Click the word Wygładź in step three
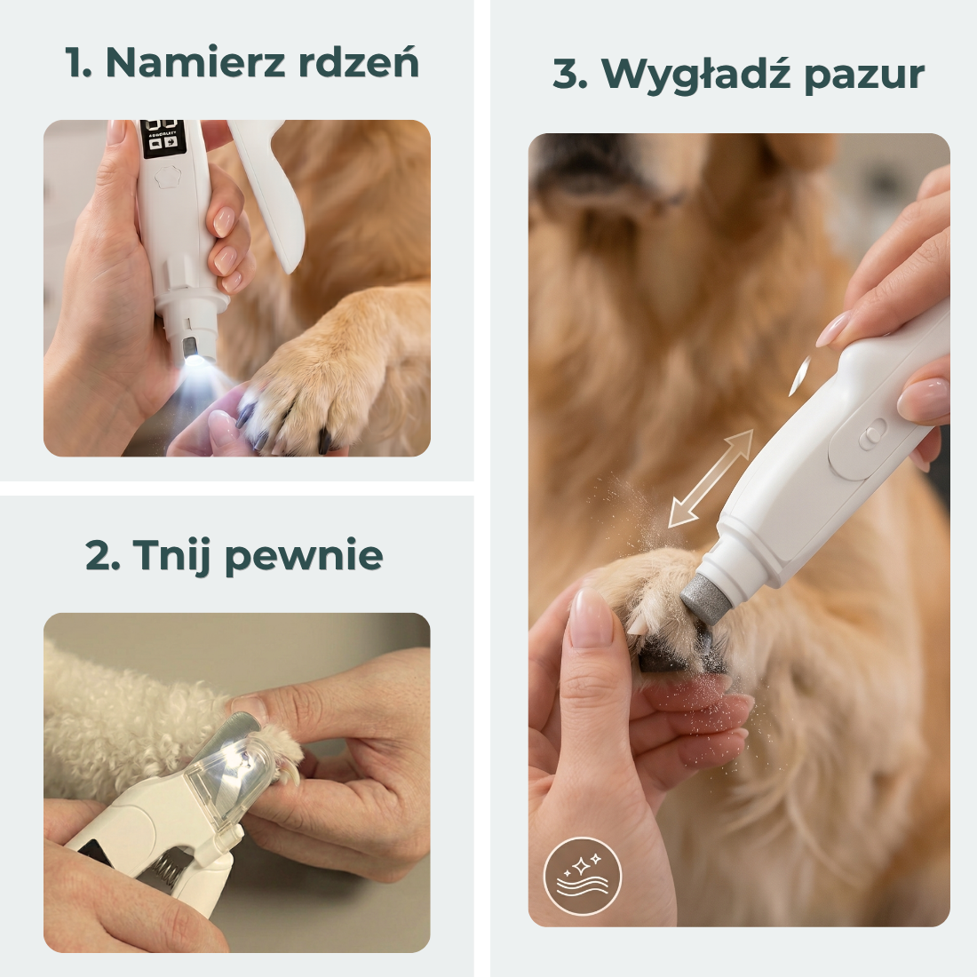pos(696,75)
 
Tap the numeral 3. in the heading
pos(570,74)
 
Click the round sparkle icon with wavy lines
pos(582,875)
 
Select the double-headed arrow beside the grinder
pos(711,479)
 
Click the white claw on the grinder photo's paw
pos(636,625)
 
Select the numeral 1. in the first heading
pos(79,63)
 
